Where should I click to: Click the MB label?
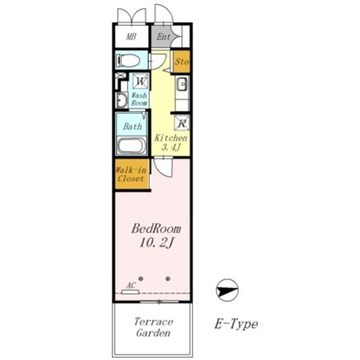(131, 37)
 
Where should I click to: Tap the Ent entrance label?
(164, 37)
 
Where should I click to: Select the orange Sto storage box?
(182, 61)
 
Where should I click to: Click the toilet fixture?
(128, 60)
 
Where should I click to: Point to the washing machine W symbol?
(140, 81)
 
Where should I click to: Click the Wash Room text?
(139, 99)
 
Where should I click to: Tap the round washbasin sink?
(121, 100)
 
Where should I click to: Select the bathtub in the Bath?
(131, 146)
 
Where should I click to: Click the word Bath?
(133, 126)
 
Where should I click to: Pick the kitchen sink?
(182, 84)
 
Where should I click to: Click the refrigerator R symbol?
(182, 123)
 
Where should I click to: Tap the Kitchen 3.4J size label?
(171, 142)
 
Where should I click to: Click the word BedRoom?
(156, 229)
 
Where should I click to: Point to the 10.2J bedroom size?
(156, 242)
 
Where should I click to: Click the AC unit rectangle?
(130, 292)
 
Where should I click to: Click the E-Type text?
(236, 324)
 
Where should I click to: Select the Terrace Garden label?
(154, 327)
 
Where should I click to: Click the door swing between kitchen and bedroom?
(163, 167)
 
